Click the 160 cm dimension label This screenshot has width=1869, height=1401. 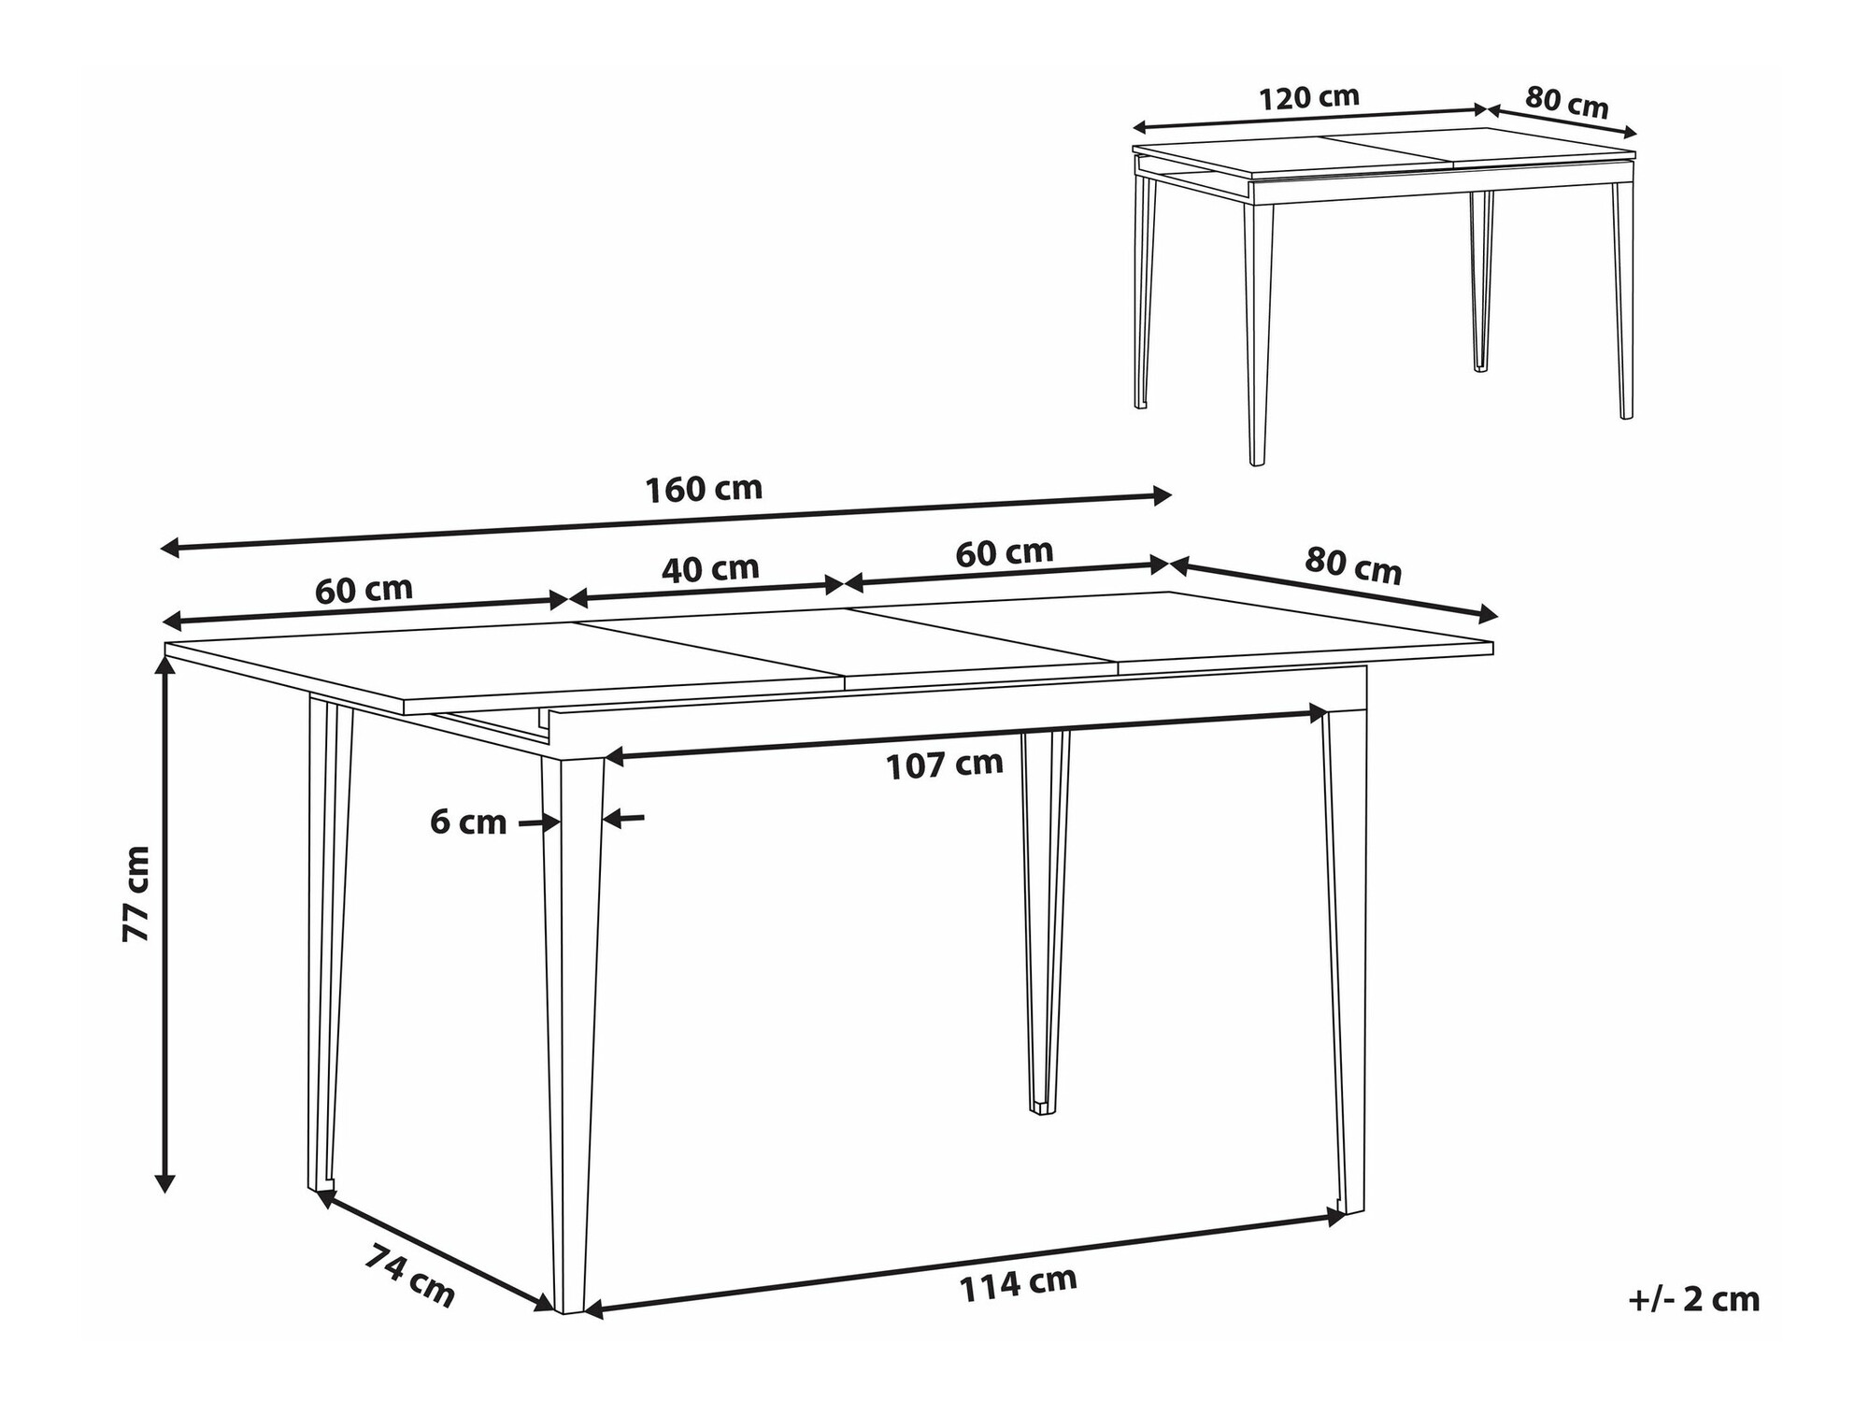(704, 489)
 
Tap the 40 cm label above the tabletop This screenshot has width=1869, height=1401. (710, 568)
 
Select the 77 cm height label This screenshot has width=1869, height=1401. (136, 893)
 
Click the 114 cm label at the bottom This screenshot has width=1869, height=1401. (1018, 1284)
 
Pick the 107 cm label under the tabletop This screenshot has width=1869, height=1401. (944, 765)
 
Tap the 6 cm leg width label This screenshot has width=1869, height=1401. (468, 822)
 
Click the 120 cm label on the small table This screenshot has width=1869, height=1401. (1308, 97)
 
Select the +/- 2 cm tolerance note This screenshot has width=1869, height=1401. (1693, 1300)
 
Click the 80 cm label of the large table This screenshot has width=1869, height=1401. (1353, 565)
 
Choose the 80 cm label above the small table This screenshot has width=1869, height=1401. (1567, 103)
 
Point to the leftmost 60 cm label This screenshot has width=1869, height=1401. (364, 590)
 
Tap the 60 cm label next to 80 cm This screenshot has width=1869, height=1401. (1005, 552)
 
